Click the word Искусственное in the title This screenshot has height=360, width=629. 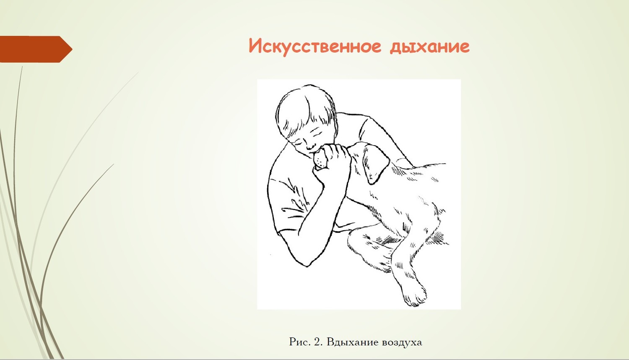(315, 47)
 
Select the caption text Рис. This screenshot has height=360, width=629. (300, 342)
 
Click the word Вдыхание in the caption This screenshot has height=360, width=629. (353, 342)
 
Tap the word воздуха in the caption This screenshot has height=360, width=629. (402, 342)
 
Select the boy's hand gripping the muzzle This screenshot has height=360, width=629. (334, 163)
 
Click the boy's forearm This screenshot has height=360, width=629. (320, 217)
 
